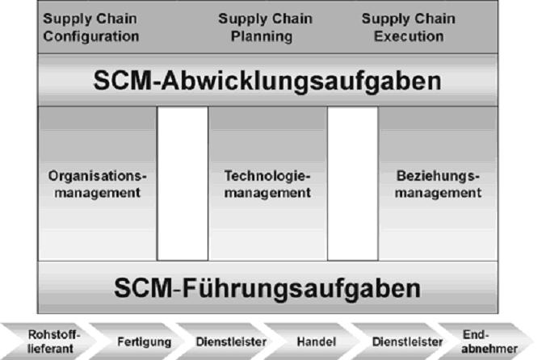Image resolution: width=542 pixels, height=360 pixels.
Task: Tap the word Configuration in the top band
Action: (x=91, y=36)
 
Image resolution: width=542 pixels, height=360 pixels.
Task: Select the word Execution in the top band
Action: (x=408, y=36)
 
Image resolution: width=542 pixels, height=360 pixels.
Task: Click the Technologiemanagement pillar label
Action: (x=267, y=184)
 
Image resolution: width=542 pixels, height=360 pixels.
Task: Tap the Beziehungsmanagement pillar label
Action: (x=439, y=184)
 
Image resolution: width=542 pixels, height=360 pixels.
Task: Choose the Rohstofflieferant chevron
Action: (x=45, y=341)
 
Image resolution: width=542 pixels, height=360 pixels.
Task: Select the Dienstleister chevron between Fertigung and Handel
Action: (x=221, y=342)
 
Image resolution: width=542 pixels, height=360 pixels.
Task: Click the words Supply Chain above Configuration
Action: (x=90, y=19)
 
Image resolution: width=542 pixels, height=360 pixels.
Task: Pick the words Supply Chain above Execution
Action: (x=408, y=19)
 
